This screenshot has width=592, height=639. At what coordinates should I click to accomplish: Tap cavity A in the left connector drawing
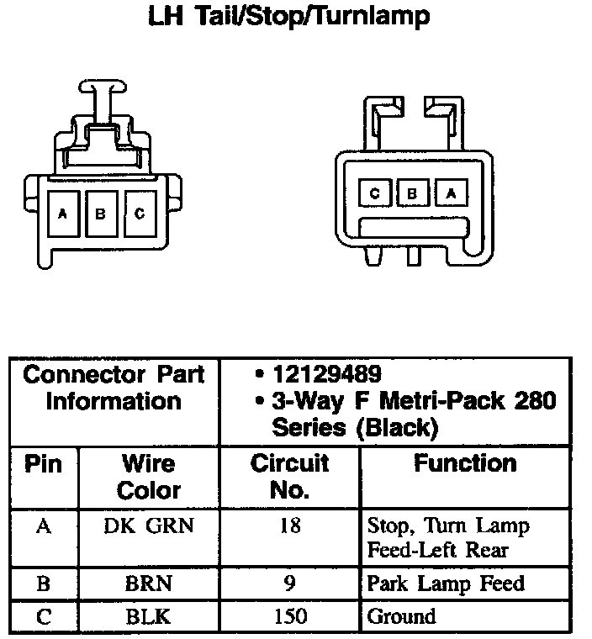click(x=62, y=214)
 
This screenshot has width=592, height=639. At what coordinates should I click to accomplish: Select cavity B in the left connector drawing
click(x=100, y=214)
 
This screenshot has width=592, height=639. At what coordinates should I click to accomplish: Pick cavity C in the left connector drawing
click(x=139, y=214)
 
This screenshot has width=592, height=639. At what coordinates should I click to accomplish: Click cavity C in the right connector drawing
click(x=375, y=193)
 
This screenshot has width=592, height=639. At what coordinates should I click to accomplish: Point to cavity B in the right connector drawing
click(x=413, y=193)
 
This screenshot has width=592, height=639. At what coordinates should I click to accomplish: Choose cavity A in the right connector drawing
click(x=452, y=193)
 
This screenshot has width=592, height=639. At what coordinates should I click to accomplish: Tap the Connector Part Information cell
click(x=114, y=388)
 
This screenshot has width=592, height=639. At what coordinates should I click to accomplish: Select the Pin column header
click(x=43, y=464)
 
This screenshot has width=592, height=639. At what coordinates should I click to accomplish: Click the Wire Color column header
click(x=149, y=476)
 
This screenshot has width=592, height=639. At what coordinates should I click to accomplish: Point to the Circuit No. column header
click(x=290, y=476)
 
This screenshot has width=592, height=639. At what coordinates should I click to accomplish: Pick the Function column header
click(x=465, y=463)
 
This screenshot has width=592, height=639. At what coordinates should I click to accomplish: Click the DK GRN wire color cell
click(x=149, y=527)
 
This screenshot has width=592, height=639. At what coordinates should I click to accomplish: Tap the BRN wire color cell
click(x=149, y=584)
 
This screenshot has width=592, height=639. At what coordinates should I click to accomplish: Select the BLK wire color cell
click(x=149, y=616)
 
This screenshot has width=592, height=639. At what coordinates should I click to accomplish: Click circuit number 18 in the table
click(x=290, y=527)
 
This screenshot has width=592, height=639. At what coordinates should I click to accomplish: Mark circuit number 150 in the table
click(x=290, y=616)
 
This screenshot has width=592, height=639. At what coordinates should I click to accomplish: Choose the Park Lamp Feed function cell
click(x=446, y=584)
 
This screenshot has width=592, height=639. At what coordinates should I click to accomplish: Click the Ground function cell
click(x=402, y=616)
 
